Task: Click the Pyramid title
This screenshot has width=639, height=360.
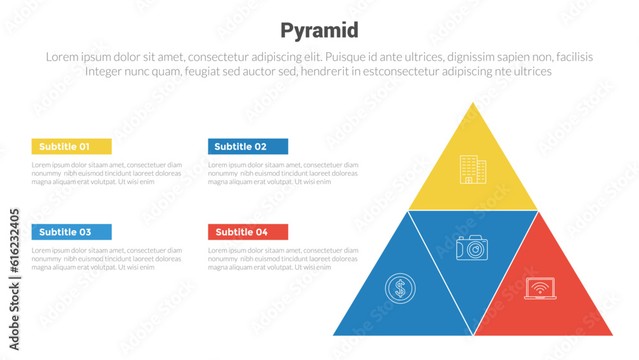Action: click(x=319, y=30)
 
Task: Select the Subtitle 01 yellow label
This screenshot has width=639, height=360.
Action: click(x=72, y=146)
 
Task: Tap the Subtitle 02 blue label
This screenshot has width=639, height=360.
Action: click(x=248, y=146)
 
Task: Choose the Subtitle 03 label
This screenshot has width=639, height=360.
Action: click(x=72, y=232)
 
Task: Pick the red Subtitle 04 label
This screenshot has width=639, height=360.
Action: click(x=248, y=232)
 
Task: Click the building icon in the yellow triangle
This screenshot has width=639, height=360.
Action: click(x=473, y=170)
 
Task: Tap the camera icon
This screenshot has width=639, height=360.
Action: click(x=472, y=247)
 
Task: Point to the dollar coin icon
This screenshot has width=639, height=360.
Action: click(x=400, y=288)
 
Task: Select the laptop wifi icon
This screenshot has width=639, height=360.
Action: click(x=540, y=288)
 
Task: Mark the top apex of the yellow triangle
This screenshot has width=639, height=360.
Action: click(x=473, y=103)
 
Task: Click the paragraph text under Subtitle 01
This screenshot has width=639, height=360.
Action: click(x=107, y=173)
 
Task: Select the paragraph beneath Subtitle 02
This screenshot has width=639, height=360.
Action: click(x=283, y=173)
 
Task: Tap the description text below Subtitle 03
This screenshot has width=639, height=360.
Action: click(x=107, y=259)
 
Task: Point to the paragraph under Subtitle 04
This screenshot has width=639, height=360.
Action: click(x=283, y=259)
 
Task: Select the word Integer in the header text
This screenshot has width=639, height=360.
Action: click(x=107, y=72)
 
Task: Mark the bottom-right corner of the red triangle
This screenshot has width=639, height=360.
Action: click(x=612, y=334)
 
